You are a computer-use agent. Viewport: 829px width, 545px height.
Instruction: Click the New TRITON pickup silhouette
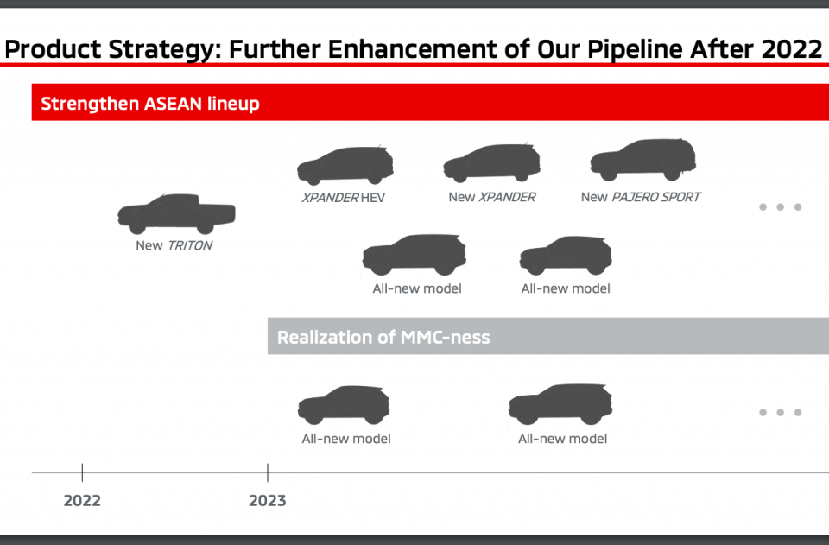click(x=176, y=213)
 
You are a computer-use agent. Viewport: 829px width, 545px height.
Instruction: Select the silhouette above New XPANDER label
click(x=491, y=163)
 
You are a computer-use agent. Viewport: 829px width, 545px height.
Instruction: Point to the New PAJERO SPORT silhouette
click(x=642, y=160)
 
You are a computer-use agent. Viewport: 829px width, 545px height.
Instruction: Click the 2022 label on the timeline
click(x=82, y=501)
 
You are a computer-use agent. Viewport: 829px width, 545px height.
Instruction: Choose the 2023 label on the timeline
click(x=268, y=501)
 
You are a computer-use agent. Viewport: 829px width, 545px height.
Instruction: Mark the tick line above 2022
click(x=83, y=472)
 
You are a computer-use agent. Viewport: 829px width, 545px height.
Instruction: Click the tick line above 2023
click(x=268, y=472)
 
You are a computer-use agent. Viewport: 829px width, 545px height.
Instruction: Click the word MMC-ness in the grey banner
click(x=446, y=337)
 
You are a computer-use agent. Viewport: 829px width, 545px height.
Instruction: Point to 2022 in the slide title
click(x=792, y=49)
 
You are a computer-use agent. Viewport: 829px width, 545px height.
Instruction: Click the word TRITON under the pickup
click(x=190, y=245)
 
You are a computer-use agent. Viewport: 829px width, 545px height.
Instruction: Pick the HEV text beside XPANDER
click(x=373, y=198)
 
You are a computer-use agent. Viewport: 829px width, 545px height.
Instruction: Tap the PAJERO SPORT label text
click(x=656, y=197)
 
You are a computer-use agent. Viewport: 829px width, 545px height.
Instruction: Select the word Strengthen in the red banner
click(x=90, y=104)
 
